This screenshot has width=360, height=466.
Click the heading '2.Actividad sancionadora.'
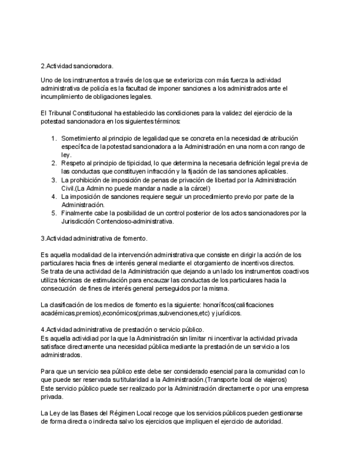[x=77, y=65]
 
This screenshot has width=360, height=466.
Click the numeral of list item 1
[x=53, y=138]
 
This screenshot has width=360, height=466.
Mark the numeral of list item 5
[x=53, y=213]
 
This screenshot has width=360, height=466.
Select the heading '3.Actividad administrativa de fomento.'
[x=94, y=238]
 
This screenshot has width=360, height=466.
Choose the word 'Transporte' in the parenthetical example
[x=232, y=380]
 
